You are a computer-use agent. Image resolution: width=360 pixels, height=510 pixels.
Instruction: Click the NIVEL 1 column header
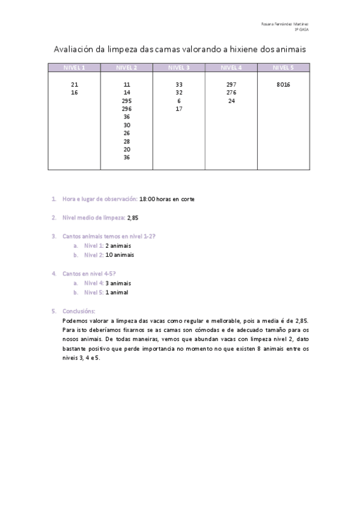74,67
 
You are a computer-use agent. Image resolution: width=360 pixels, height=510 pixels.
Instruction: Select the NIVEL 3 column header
179,67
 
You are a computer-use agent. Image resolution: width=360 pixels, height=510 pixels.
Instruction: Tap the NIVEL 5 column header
284,67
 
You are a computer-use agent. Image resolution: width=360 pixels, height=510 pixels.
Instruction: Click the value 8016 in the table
284,85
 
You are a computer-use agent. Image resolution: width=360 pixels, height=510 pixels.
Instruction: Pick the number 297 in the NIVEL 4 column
231,85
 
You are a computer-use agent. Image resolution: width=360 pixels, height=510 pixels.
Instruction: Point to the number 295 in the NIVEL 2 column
126,101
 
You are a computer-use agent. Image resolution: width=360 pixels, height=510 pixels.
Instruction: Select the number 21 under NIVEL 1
74,85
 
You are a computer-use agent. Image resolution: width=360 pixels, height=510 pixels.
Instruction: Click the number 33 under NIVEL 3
179,85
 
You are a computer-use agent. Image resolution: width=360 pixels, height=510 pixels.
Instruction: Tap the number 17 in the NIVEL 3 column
179,109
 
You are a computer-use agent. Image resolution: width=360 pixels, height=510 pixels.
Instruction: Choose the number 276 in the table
231,93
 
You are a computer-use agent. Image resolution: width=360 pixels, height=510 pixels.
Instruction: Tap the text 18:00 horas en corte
166,198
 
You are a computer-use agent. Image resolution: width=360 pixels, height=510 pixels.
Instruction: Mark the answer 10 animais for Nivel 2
120,254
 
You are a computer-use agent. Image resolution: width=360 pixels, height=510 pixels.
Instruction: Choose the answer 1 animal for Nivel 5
117,292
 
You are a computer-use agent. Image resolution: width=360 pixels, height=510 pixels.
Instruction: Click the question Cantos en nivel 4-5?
89,274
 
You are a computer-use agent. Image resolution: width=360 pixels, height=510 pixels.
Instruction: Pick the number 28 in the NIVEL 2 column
126,141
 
